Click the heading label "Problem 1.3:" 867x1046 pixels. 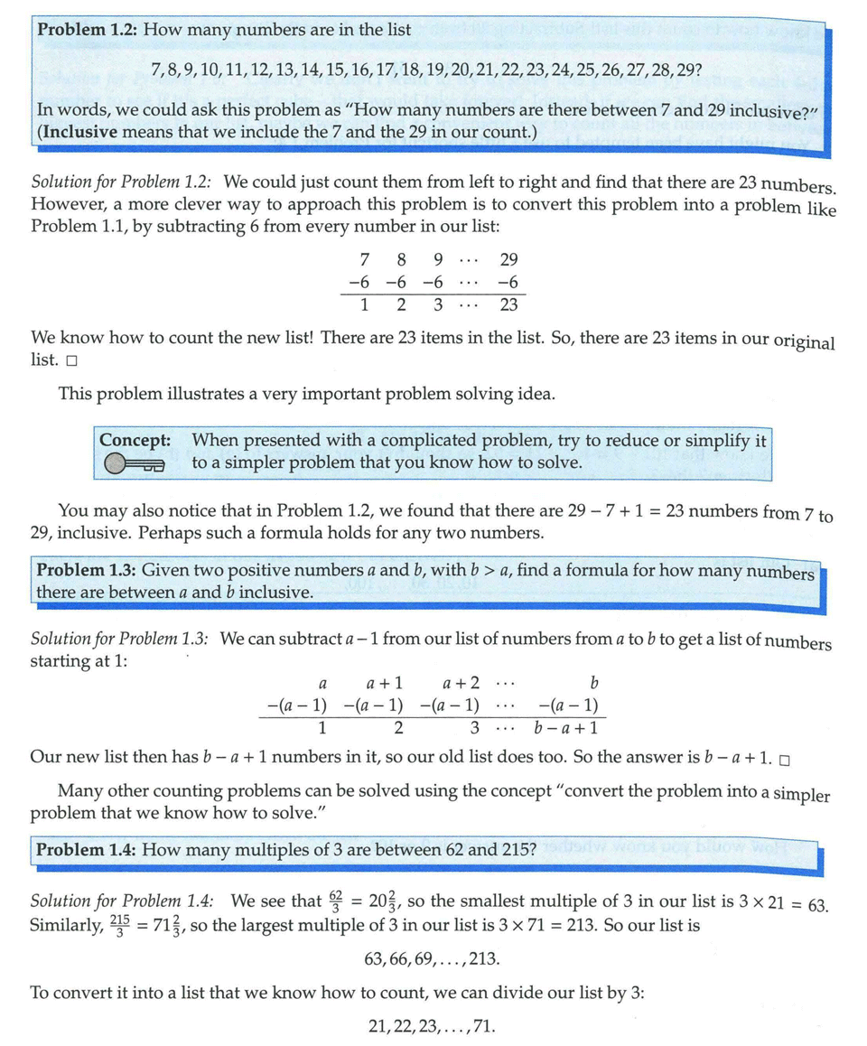(x=86, y=572)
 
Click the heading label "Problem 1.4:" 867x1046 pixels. (x=86, y=851)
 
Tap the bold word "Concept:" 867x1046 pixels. (x=135, y=441)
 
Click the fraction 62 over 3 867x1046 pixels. (x=336, y=901)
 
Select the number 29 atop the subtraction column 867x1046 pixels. (x=508, y=260)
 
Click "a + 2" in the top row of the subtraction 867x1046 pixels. (x=461, y=682)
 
